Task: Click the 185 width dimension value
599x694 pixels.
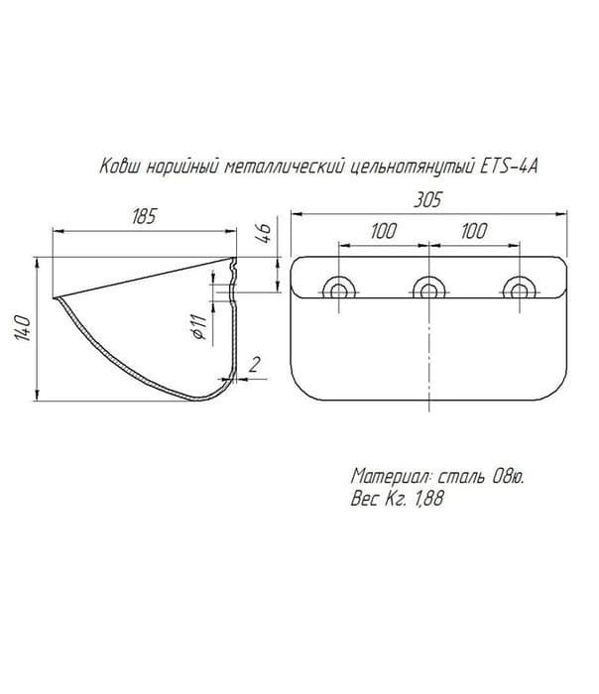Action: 145,217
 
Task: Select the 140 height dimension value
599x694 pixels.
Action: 23,328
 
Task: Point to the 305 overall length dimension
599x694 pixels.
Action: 427,200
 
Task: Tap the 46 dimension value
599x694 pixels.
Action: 263,233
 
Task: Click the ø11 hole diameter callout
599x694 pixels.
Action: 199,326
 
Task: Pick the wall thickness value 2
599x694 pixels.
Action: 255,365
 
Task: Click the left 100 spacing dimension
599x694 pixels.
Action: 384,231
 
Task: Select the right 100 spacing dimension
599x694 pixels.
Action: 474,231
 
